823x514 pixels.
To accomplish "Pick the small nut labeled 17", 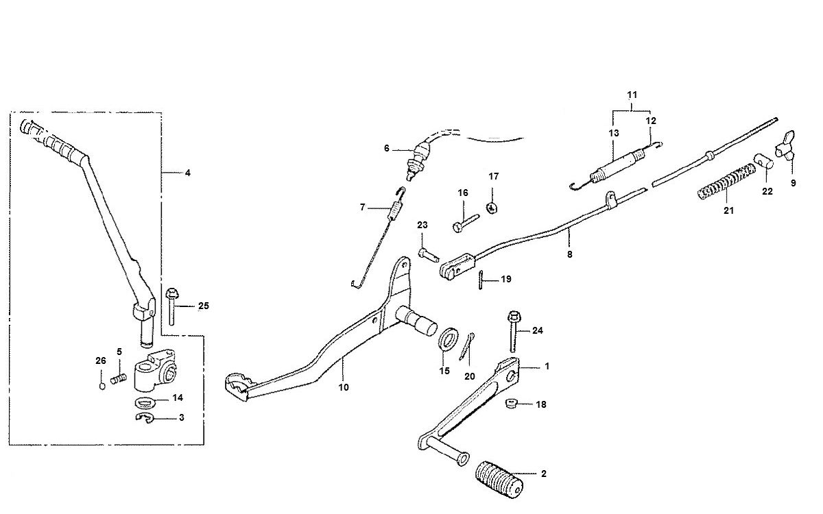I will (x=492, y=207).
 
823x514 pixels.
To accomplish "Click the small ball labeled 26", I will (x=102, y=384).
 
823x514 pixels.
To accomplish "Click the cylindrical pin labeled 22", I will (x=765, y=163).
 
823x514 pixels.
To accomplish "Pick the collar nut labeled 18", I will (x=512, y=403).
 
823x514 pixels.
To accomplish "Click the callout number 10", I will (x=344, y=387).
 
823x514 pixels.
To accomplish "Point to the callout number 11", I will (x=632, y=93).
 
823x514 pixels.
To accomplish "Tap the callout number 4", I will (x=187, y=173).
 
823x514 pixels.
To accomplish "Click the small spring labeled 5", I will (x=119, y=377).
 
